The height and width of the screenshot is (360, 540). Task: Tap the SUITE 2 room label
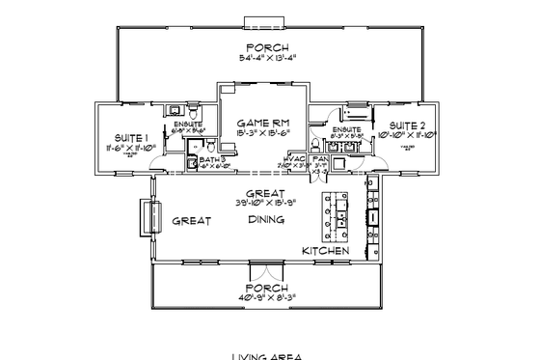pos(408,125)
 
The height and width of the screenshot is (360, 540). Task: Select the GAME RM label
pos(263,124)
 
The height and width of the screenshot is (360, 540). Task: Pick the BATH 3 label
pos(211,158)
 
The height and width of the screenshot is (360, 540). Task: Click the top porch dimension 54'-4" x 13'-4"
pos(267,60)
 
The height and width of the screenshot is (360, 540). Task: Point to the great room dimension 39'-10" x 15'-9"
pos(263,204)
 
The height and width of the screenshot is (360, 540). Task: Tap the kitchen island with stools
pos(338,218)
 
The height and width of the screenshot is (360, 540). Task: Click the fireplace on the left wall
pos(148,216)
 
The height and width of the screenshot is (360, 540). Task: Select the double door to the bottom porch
pos(263,265)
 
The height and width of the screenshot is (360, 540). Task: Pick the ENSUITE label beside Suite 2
pos(347,129)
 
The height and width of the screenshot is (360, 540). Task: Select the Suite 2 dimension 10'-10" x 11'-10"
pos(409,136)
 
